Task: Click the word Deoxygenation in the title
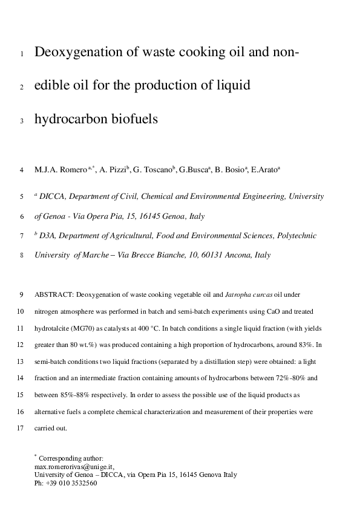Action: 79,53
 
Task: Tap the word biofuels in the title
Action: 133,119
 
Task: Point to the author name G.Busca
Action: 192,170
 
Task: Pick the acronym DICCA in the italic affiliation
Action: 52,196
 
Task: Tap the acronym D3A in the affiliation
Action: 49,236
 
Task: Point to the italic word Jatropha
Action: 240,296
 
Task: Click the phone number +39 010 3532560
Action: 71,483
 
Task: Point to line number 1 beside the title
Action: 22,54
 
